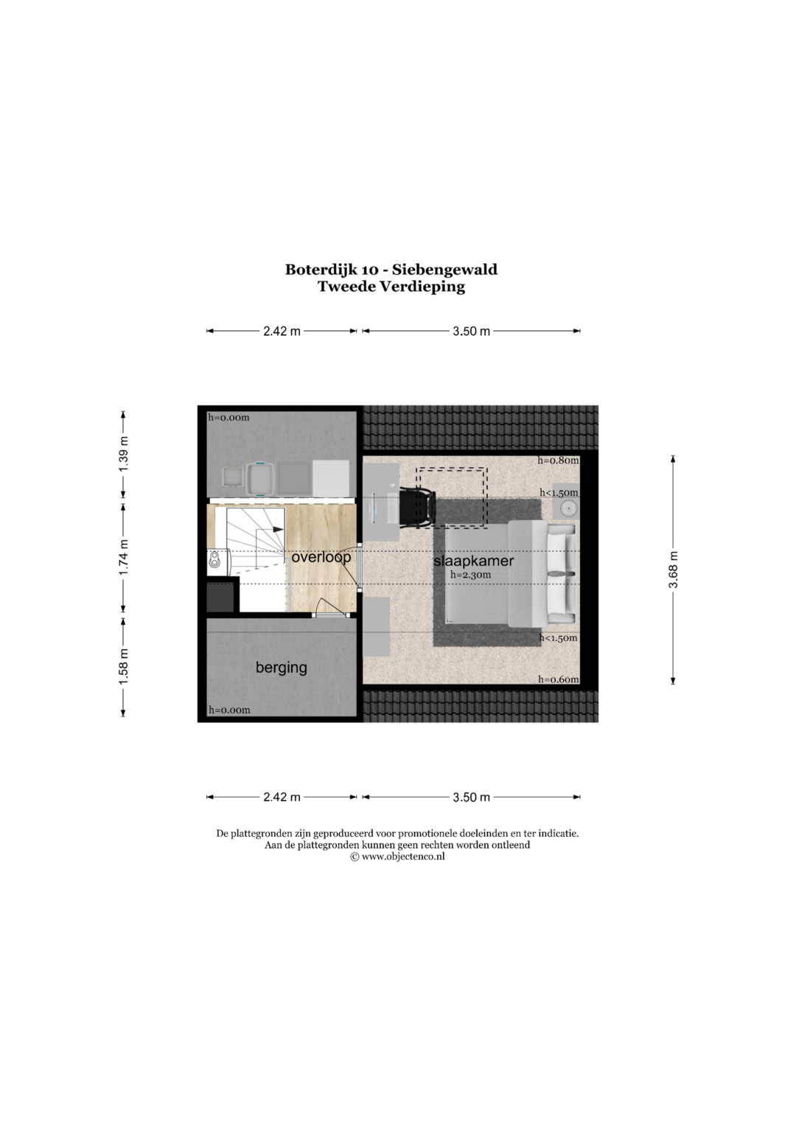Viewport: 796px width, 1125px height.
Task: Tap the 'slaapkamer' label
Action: [x=473, y=561]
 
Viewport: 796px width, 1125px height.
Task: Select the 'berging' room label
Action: [x=281, y=667]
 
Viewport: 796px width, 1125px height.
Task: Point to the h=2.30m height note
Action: [x=470, y=575]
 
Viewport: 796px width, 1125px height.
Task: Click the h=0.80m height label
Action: [x=559, y=460]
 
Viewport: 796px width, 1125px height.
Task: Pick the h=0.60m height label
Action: [x=559, y=679]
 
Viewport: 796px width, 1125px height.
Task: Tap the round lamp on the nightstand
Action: [x=568, y=508]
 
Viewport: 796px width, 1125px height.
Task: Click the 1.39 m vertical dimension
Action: [x=124, y=455]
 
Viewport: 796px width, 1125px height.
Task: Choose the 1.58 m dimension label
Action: [x=124, y=666]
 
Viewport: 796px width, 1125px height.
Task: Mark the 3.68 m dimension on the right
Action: [x=674, y=569]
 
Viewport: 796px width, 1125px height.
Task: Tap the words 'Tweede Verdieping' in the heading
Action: [x=391, y=287]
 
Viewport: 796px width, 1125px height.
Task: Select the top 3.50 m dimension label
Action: [x=471, y=332]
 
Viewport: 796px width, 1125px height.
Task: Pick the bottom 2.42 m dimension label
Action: [x=282, y=797]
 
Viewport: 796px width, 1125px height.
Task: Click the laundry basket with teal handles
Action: [x=259, y=479]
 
